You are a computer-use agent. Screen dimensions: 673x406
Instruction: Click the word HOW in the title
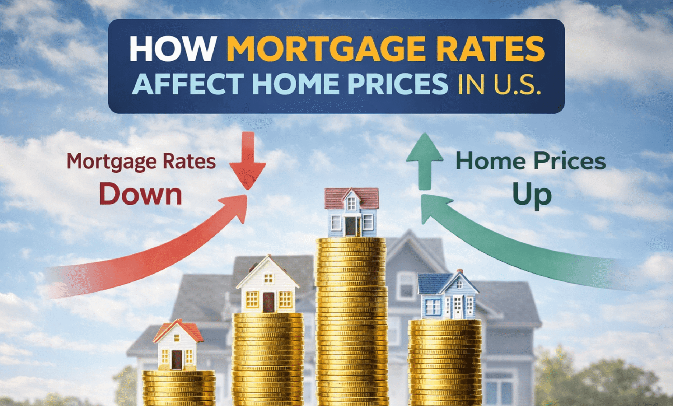pos(173,49)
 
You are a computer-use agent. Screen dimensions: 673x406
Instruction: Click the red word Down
pos(141,194)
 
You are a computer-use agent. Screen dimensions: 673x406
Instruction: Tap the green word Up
pos(532,196)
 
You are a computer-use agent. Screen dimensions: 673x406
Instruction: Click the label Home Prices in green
pos(531,161)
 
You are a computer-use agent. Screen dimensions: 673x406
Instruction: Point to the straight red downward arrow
pos(248,161)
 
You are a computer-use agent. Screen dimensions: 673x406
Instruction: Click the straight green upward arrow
pos(425,161)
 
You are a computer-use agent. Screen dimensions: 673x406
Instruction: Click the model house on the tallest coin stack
pos(351,212)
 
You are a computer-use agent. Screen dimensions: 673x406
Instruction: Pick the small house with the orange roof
pos(178,345)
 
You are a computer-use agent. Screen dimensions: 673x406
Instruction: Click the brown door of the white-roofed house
pos(268,302)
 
